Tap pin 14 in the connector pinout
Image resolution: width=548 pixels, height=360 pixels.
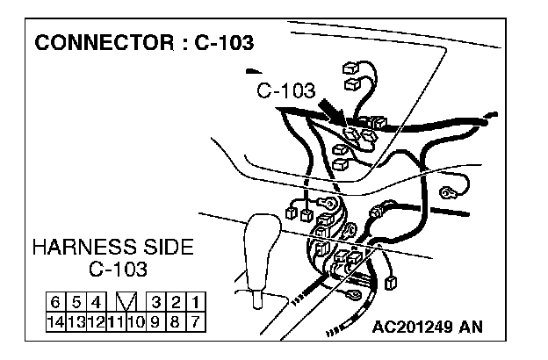tap(54, 321)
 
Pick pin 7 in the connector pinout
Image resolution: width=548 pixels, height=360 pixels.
tap(196, 321)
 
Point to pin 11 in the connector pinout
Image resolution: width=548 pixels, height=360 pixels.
tap(114, 321)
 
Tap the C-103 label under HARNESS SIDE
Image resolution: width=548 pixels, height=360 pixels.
tap(119, 268)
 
